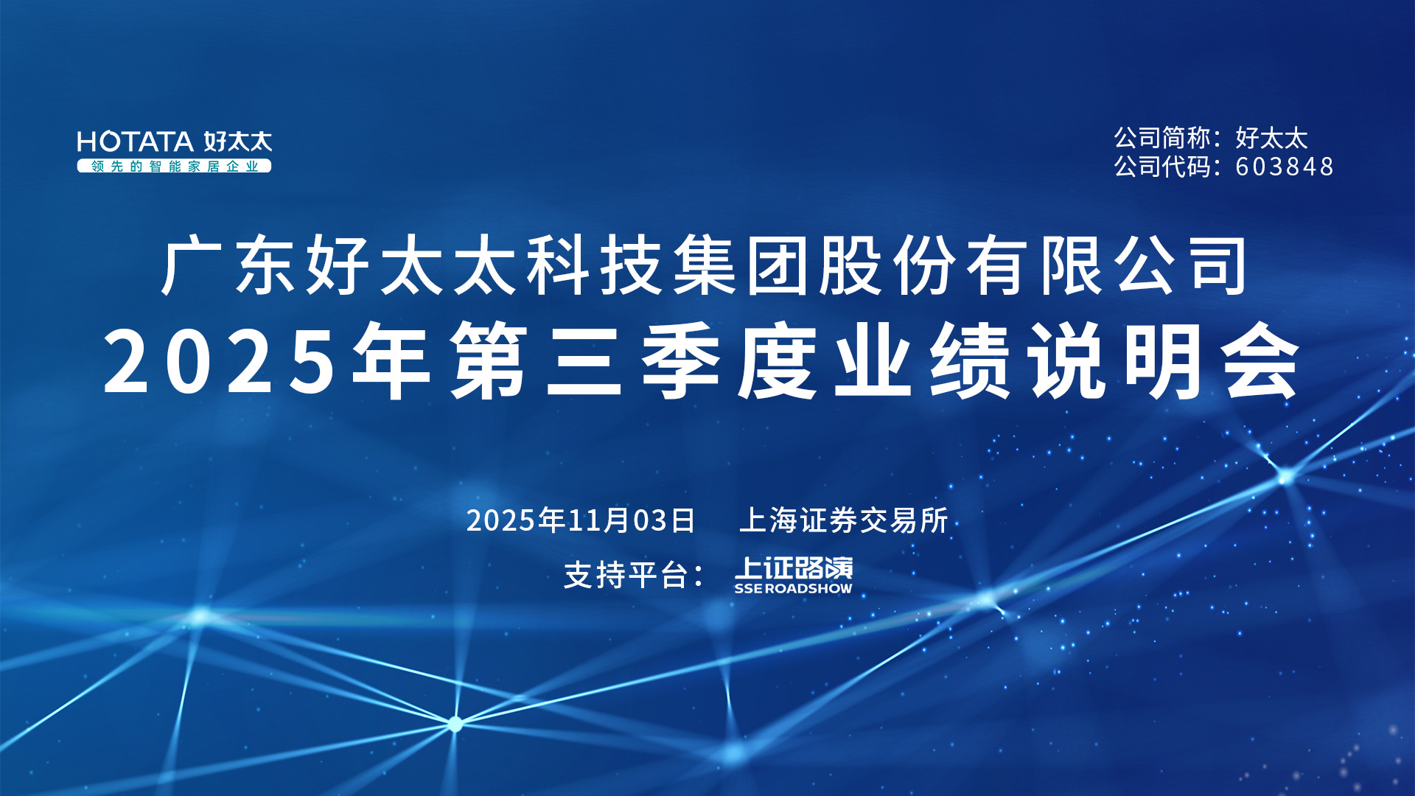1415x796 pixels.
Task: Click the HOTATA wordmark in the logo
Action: [136, 142]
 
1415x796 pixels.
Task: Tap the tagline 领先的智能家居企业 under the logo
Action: [175, 167]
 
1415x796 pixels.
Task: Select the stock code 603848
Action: [1285, 167]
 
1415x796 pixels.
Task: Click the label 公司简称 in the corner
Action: [1162, 138]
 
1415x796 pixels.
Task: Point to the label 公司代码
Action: [1162, 167]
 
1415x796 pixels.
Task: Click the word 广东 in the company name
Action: [229, 265]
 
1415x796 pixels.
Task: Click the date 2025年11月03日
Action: [581, 520]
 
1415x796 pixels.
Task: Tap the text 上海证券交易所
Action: [843, 520]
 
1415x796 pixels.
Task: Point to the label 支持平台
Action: [626, 575]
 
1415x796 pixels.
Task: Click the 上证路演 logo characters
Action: [794, 568]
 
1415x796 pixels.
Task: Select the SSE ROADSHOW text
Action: [793, 588]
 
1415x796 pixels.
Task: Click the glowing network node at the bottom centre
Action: [455, 724]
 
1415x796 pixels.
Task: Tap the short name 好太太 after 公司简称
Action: [1271, 138]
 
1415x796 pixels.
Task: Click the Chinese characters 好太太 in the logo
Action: [238, 142]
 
